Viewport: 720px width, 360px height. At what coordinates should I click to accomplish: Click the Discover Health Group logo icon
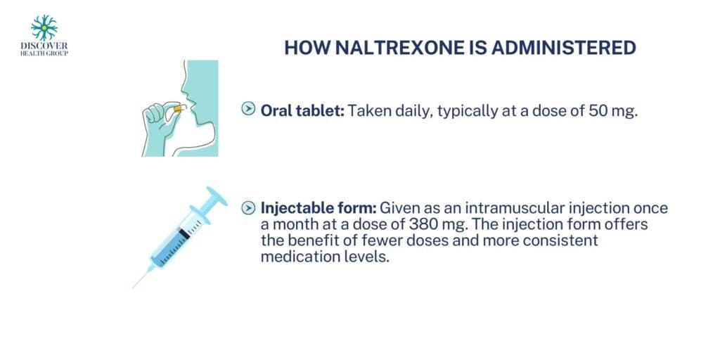pos(44,27)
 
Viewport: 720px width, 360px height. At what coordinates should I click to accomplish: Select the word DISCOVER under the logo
pos(44,45)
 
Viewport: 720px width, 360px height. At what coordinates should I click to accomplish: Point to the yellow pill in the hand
pos(176,108)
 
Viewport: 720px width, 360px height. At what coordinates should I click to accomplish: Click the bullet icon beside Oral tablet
pos(248,109)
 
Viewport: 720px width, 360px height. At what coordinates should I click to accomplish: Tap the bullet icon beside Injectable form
pos(248,208)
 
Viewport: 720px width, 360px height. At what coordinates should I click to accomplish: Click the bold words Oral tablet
pos(302,110)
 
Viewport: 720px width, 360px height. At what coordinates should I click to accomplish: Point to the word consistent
pos(565,240)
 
